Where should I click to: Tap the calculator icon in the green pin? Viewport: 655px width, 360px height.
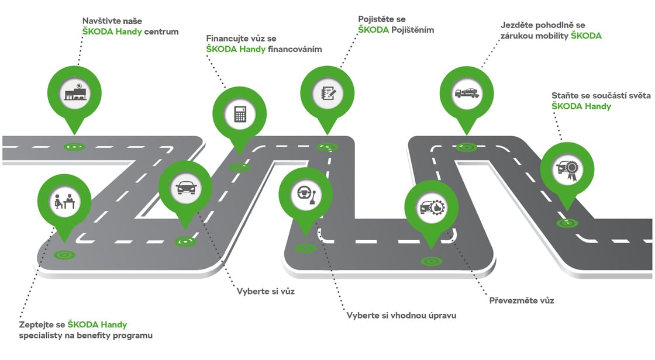point(240,113)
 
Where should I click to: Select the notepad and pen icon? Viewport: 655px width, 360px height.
point(327,93)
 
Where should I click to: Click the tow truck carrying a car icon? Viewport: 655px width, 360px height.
point(467,93)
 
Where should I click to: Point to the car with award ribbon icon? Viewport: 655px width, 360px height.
point(567,169)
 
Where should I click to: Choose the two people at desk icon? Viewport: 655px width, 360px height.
point(64,201)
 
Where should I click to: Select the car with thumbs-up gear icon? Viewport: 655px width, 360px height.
point(432,207)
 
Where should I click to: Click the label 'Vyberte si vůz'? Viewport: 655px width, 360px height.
point(266,292)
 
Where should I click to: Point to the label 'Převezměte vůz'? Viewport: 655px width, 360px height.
point(522,300)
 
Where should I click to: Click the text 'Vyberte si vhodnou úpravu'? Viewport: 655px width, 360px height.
point(401,316)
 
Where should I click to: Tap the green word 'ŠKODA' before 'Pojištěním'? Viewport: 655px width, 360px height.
point(374,30)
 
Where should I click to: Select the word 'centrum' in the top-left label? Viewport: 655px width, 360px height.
point(161,32)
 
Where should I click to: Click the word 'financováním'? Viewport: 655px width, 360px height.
point(295,49)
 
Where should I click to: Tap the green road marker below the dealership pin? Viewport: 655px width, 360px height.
point(74,147)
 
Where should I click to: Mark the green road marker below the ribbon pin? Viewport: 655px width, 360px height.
point(567,223)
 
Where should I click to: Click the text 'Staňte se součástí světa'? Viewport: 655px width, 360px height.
point(601,96)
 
